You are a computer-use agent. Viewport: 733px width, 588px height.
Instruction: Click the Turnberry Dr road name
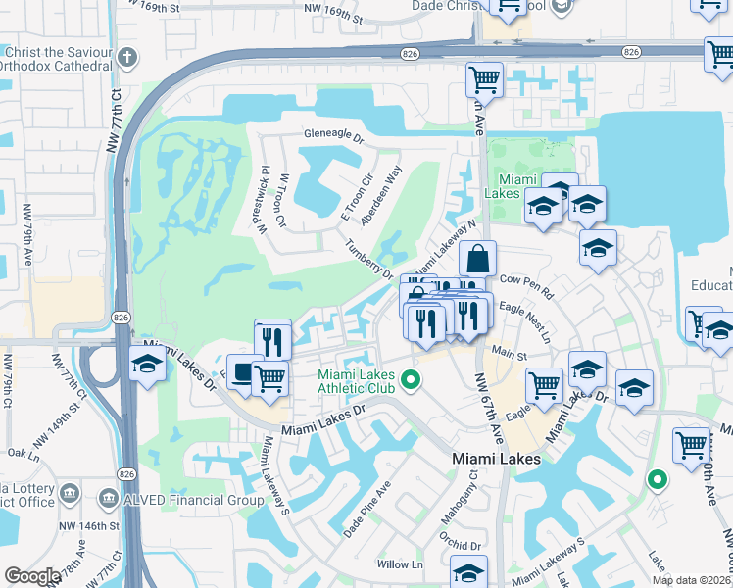pos(367,260)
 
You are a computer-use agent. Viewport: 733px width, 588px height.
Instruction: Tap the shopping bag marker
pos(478,260)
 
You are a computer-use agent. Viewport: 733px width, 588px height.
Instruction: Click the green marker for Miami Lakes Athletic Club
pos(414,379)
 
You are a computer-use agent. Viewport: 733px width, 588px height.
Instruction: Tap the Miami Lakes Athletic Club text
pos(356,383)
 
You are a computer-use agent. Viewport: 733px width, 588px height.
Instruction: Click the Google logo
pos(32,576)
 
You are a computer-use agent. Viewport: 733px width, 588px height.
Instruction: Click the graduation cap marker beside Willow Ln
pos(469,571)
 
